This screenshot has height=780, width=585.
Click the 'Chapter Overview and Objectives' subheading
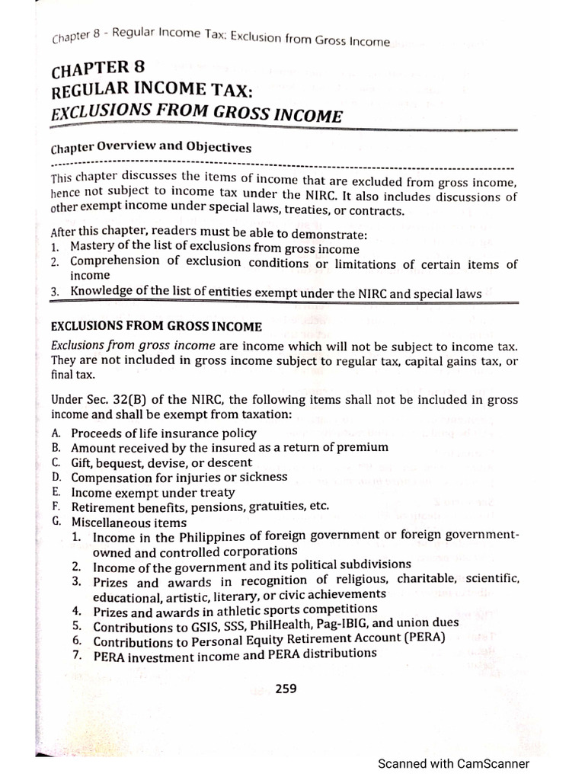click(151, 148)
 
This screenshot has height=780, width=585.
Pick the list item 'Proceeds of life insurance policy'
click(164, 433)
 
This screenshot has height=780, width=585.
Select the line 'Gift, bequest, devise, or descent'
click(161, 462)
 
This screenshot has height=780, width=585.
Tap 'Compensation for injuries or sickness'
click(179, 477)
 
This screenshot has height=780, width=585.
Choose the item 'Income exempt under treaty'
click(153, 492)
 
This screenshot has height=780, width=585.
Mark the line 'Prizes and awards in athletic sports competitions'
click(235, 609)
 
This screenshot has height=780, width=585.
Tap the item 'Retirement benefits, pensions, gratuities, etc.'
click(200, 507)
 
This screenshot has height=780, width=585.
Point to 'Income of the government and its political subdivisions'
click(251, 565)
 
